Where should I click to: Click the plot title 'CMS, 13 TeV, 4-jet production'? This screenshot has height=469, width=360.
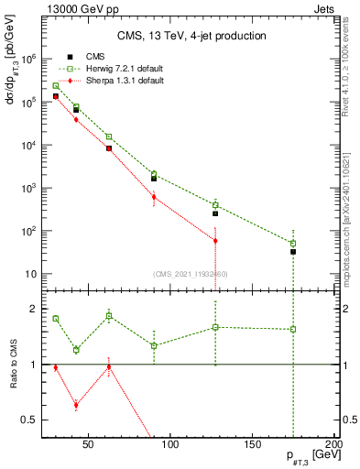pyautogui.click(x=191, y=37)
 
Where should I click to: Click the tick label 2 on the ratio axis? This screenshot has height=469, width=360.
pyautogui.click(x=33, y=309)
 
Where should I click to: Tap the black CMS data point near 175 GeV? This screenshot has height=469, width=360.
pyautogui.click(x=293, y=251)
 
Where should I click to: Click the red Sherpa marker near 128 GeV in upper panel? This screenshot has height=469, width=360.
pyautogui.click(x=215, y=241)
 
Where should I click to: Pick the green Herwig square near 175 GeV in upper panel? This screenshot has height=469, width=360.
pyautogui.click(x=293, y=244)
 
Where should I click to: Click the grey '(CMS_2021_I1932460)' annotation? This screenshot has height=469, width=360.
pyautogui.click(x=191, y=274)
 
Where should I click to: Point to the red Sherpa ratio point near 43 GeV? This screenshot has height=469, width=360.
pyautogui.click(x=76, y=404)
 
